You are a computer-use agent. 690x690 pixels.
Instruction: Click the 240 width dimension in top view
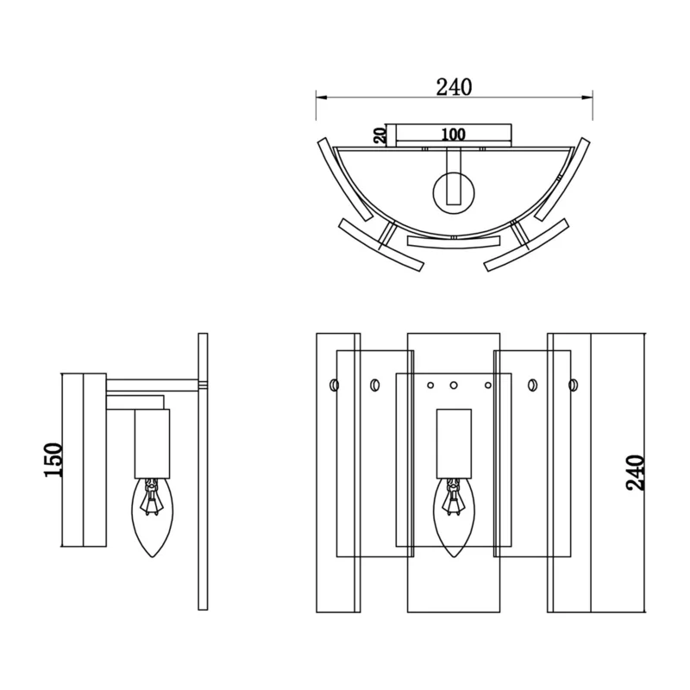click(454, 87)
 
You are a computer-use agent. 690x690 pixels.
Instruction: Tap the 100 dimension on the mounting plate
click(454, 135)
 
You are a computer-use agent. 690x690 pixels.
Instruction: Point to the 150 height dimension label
click(53, 460)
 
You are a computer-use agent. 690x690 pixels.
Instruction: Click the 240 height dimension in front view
click(635, 473)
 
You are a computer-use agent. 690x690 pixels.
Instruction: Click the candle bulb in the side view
click(153, 517)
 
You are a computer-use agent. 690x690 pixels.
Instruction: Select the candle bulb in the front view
click(454, 517)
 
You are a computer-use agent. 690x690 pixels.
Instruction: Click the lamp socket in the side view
click(153, 443)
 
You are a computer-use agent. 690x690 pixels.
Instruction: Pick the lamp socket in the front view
click(454, 443)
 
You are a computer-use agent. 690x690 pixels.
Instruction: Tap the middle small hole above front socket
click(454, 386)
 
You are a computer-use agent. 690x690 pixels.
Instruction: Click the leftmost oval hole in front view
click(334, 385)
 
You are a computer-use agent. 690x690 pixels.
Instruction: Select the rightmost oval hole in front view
click(573, 385)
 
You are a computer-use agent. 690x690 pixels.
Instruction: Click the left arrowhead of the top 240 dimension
click(321, 97)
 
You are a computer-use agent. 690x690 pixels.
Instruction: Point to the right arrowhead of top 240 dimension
click(587, 97)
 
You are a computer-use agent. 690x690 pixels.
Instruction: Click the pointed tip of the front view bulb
click(454, 557)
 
